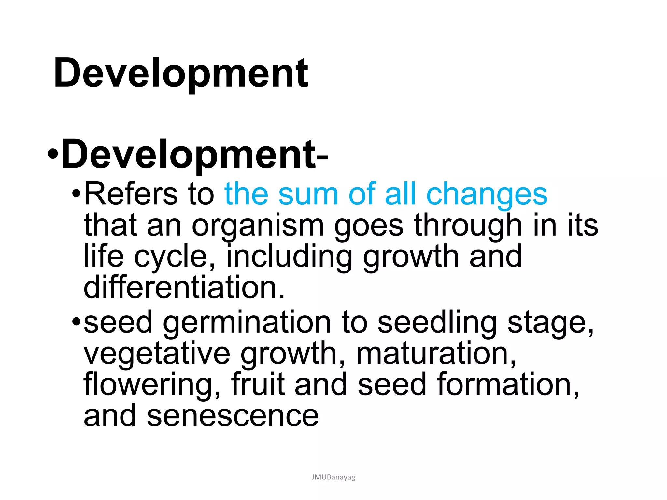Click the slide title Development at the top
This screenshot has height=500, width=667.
[x=181, y=73]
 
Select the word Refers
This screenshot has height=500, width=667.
[x=131, y=194]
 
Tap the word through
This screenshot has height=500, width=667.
[x=468, y=226]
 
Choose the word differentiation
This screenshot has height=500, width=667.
[x=184, y=287]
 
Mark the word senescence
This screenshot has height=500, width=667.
[x=233, y=416]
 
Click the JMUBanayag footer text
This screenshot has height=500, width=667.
[x=333, y=477]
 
